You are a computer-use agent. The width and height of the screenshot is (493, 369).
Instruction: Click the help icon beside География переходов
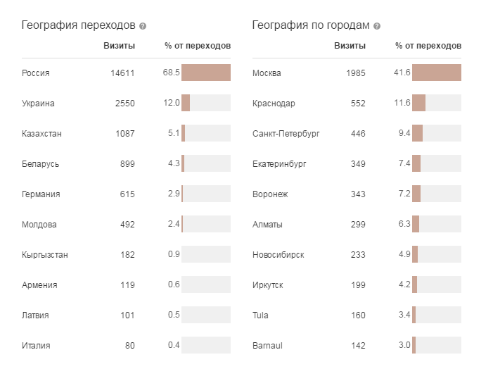[x=143, y=26]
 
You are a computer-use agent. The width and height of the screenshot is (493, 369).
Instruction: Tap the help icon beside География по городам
[x=377, y=26]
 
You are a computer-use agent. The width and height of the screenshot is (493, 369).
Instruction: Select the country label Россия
[x=36, y=73]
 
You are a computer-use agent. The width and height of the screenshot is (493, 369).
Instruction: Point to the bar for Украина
[x=186, y=103]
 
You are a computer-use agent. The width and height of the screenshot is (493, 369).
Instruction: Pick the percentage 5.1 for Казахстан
[x=174, y=133]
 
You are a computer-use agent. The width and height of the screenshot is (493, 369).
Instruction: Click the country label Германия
[x=41, y=194]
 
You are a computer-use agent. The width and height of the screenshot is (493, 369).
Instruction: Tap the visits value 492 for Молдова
[x=127, y=225]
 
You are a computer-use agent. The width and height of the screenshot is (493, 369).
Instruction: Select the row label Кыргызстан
[x=45, y=254]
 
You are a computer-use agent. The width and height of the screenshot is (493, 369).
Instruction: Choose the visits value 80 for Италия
[x=129, y=345]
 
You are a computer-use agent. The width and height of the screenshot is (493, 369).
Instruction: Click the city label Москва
[x=267, y=73]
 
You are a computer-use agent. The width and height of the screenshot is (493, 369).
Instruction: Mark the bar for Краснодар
[x=418, y=103]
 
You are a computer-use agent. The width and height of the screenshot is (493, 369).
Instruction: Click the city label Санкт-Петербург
[x=286, y=133]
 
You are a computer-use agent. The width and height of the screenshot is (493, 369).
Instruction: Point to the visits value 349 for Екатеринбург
[x=357, y=164]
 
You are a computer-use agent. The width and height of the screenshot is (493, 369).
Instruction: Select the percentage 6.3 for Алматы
[x=404, y=225]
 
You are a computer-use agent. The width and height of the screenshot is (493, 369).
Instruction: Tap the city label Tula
[x=260, y=315]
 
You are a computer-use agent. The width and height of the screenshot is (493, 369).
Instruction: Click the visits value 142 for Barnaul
[x=357, y=345]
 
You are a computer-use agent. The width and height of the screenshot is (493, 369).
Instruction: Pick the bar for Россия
[x=206, y=73]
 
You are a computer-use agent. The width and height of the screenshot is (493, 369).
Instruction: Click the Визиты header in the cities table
[x=350, y=46]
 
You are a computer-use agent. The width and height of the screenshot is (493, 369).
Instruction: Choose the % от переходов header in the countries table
[x=198, y=46]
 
